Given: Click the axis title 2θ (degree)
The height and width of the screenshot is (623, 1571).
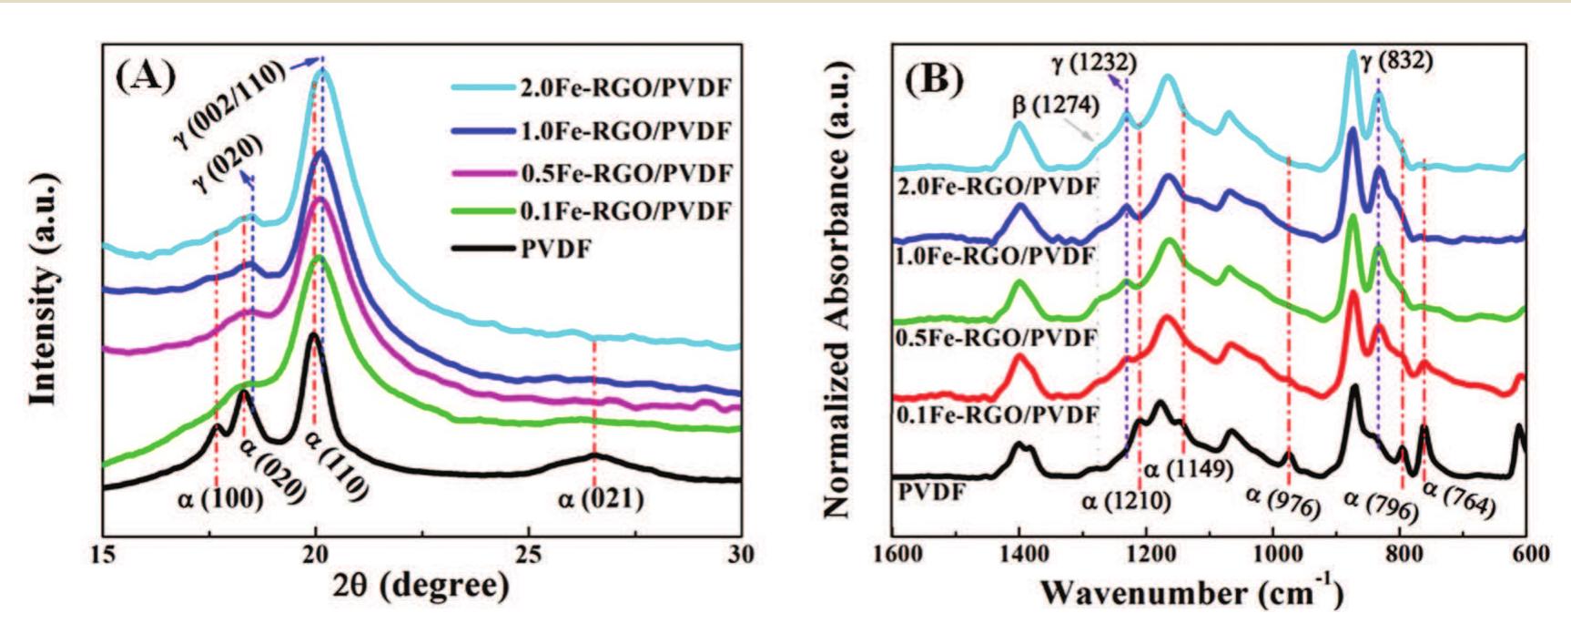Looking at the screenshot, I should [420, 586].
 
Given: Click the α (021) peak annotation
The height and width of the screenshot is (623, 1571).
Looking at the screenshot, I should [601, 498].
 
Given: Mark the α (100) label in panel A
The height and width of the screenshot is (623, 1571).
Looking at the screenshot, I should [220, 498].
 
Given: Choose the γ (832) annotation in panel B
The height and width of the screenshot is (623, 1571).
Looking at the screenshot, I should [1396, 62].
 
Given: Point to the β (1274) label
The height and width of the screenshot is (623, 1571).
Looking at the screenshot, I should [1056, 106].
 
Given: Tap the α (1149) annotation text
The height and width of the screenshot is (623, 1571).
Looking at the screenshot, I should [1188, 469].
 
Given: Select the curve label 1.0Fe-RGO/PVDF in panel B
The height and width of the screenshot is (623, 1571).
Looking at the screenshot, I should [996, 256].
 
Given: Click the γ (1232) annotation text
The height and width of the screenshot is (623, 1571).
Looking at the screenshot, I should [1093, 63].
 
